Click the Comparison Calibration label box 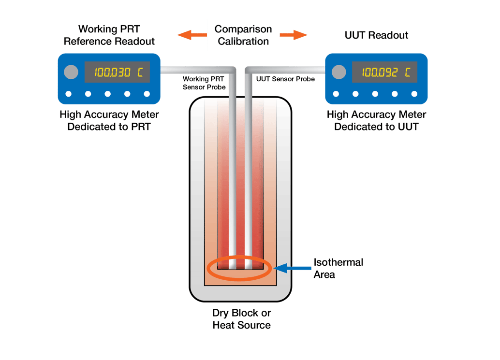coord(243,35)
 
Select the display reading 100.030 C coord(117,72)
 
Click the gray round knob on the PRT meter coord(71,72)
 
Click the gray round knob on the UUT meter coord(339,72)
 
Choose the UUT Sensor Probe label coord(285,79)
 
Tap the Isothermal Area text coord(338,268)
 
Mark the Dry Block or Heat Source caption coord(241,319)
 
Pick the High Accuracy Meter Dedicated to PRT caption coord(109,121)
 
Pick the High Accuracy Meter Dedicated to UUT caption coord(377,121)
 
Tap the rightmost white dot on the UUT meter coord(414,94)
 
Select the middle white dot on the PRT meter coord(108,94)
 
